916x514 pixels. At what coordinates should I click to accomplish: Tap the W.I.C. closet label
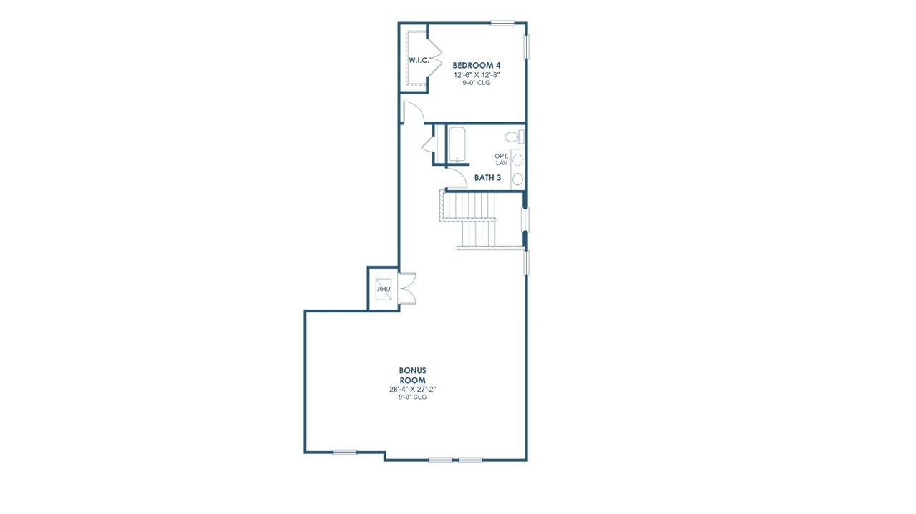tap(419, 60)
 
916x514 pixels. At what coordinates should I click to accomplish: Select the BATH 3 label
tap(487, 177)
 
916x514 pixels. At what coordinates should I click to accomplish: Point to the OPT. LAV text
tap(501, 159)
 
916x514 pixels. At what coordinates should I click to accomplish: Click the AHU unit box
tap(384, 289)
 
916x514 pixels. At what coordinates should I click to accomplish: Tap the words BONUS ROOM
tap(413, 375)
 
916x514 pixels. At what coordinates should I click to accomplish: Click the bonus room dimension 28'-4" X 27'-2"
tap(413, 390)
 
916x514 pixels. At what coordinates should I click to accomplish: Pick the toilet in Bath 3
tap(513, 137)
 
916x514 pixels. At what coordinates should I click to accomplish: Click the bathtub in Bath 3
tap(457, 145)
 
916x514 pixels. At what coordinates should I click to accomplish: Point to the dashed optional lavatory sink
tap(518, 161)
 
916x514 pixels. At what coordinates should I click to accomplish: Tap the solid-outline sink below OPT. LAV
tap(517, 179)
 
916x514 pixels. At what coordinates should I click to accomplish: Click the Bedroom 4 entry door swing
tap(412, 113)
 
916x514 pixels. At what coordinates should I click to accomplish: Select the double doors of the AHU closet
tap(407, 289)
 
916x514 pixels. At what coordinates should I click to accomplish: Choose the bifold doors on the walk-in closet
tap(435, 60)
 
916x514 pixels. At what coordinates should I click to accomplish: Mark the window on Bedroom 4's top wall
tap(502, 23)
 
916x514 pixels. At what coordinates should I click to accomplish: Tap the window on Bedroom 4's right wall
tap(527, 46)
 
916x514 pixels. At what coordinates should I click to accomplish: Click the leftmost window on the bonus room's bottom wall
tap(344, 452)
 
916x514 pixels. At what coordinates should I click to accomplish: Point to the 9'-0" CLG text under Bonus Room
tap(413, 397)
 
